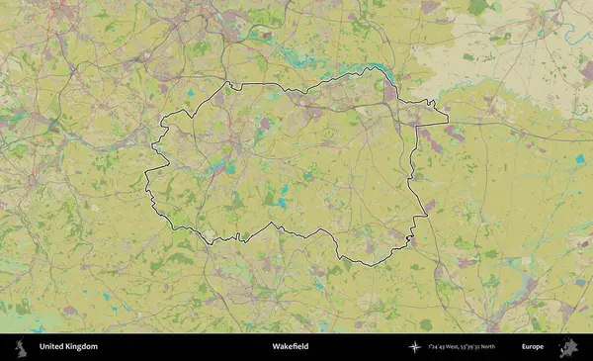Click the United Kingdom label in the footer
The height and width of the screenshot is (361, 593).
[68, 347]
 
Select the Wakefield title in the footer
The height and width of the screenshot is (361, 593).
[290, 347]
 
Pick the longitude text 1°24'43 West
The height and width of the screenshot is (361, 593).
[447, 347]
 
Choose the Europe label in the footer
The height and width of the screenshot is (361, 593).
[533, 347]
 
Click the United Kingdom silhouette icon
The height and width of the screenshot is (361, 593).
[20, 347]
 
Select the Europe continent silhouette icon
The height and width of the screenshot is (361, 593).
[567, 347]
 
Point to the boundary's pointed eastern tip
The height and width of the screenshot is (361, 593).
[447, 124]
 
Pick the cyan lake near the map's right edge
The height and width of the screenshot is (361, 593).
[580, 158]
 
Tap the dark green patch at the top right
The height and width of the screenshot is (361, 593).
[478, 8]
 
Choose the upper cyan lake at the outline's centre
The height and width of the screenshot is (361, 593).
[283, 188]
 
